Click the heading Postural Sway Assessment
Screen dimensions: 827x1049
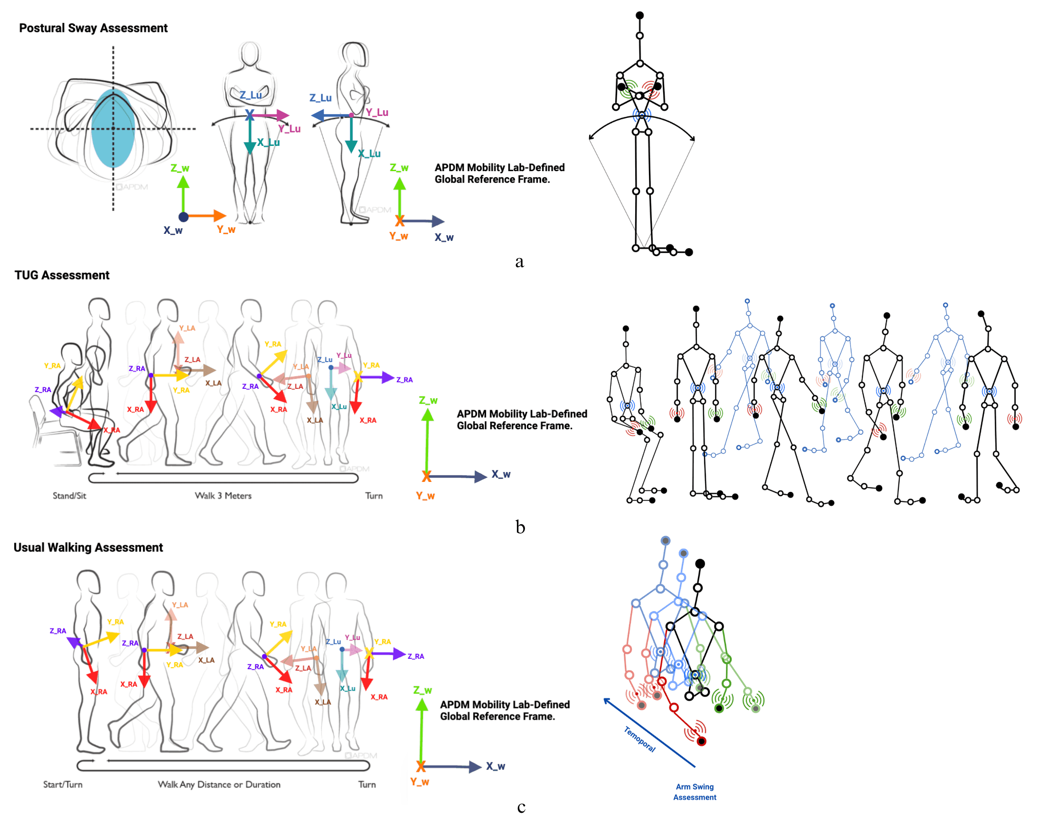[93, 28]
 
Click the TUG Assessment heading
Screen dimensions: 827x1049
[62, 275]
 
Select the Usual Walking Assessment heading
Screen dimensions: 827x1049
[88, 547]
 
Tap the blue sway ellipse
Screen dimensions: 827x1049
[113, 128]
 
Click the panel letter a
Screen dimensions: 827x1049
[519, 262]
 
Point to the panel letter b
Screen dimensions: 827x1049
[520, 527]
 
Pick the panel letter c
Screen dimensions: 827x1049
[521, 807]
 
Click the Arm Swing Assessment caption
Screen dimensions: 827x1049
[694, 792]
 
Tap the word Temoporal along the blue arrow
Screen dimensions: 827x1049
[639, 740]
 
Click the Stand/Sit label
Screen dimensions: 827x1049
[69, 495]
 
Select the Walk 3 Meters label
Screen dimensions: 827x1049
[223, 495]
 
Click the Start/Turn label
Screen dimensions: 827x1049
[62, 784]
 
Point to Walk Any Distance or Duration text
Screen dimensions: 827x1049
[219, 784]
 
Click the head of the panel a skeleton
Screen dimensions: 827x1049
[639, 16]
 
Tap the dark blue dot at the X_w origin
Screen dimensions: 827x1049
[183, 216]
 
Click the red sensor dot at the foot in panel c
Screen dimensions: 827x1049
[701, 741]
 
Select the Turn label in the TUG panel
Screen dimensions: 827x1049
[373, 495]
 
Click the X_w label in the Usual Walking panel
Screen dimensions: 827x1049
[496, 766]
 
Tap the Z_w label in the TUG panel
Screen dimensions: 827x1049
[428, 400]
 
